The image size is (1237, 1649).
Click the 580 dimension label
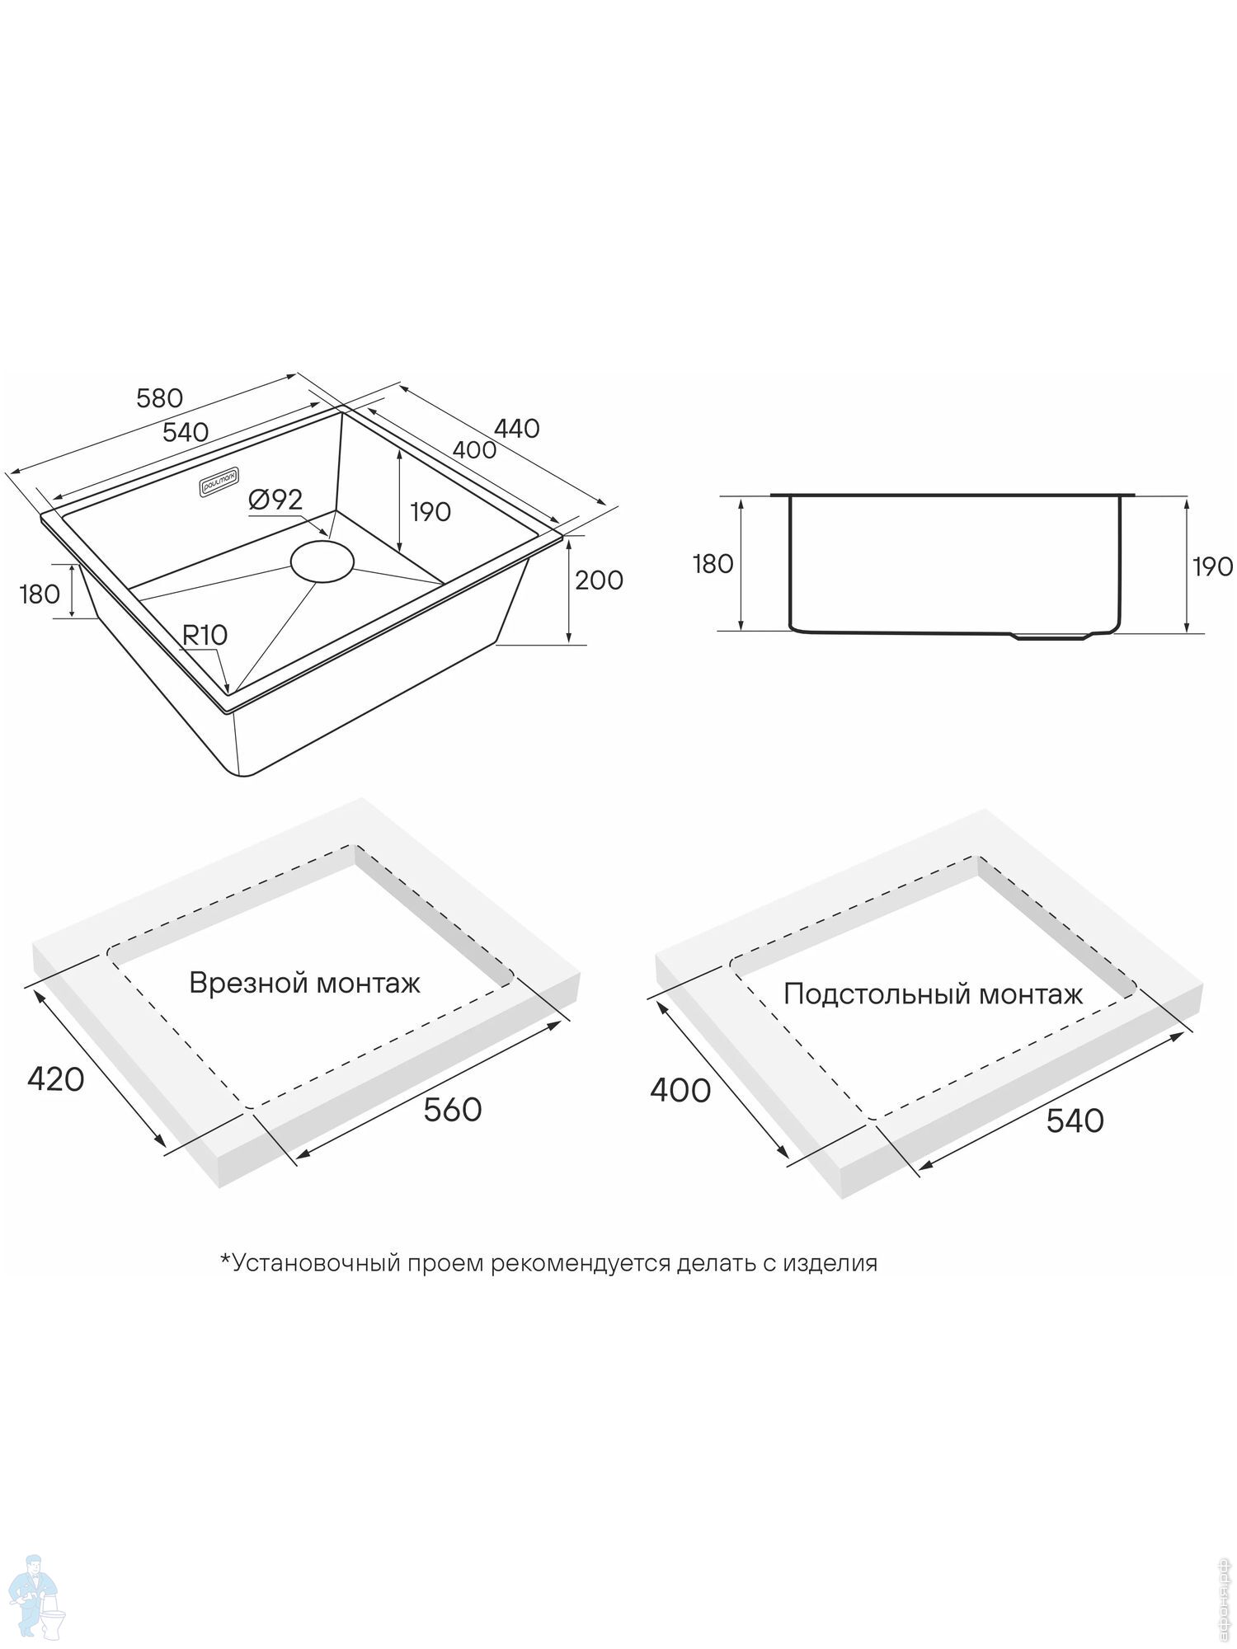pos(159,398)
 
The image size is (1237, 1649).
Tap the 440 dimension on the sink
pos(516,428)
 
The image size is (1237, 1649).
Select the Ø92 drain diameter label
pos(275,499)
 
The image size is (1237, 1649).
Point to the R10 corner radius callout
pos(205,635)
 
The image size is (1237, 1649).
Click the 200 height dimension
pos(599,580)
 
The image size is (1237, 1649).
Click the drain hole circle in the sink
pos(322,561)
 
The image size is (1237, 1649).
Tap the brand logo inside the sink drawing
pos(217,482)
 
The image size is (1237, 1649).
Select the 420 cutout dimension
pos(56,1078)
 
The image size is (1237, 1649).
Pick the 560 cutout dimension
pos(452,1110)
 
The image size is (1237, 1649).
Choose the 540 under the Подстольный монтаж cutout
pos(1075,1120)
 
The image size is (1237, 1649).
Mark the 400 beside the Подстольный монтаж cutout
pos(680,1090)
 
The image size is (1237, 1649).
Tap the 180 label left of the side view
pos(713,564)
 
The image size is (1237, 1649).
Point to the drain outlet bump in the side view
pos(1051,636)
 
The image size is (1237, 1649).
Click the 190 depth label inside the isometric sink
pos(430,512)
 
